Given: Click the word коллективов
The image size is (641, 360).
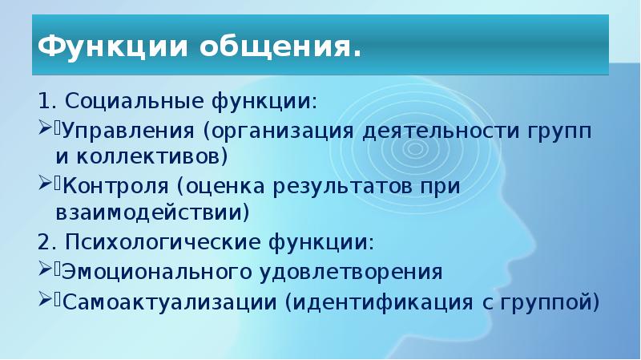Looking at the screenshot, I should pyautogui.click(x=147, y=153).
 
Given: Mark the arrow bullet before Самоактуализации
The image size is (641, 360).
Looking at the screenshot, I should pyautogui.click(x=45, y=301).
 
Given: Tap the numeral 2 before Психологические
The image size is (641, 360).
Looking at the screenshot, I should pyautogui.click(x=43, y=241).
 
